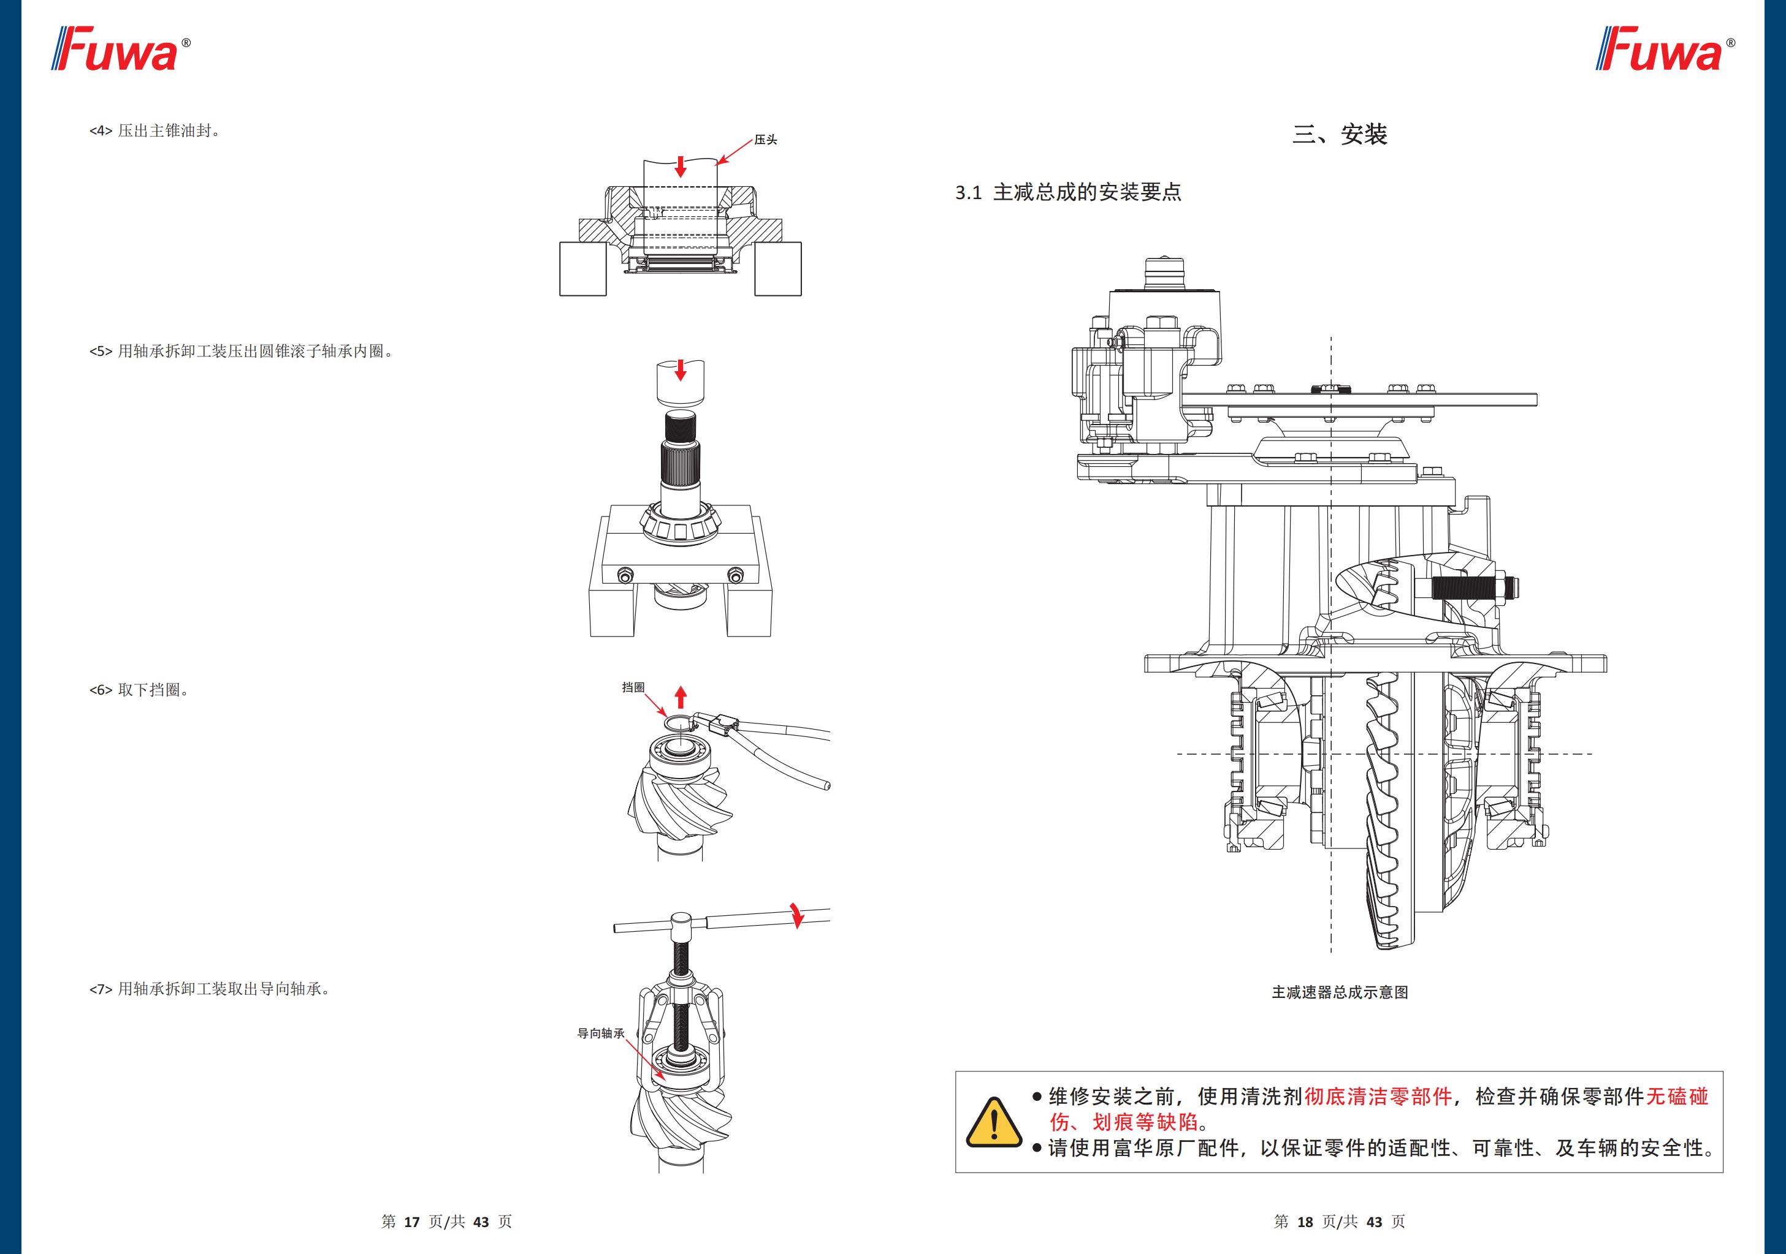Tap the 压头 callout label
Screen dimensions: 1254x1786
765,140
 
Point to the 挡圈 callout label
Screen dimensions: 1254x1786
633,687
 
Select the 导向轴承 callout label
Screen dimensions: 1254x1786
600,1033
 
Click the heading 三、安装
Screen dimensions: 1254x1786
1340,135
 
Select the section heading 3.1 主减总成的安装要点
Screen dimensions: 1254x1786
1068,192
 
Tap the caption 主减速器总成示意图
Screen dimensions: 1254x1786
1340,992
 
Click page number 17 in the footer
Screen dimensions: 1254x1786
411,1222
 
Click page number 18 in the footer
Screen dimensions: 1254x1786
1305,1222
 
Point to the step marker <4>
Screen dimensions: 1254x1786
101,130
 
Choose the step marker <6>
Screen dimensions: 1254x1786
101,690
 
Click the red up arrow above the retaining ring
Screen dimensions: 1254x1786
681,697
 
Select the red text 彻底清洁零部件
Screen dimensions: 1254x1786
1378,1096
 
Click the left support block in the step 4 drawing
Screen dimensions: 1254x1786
582,268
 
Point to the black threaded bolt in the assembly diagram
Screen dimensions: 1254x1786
1462,587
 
